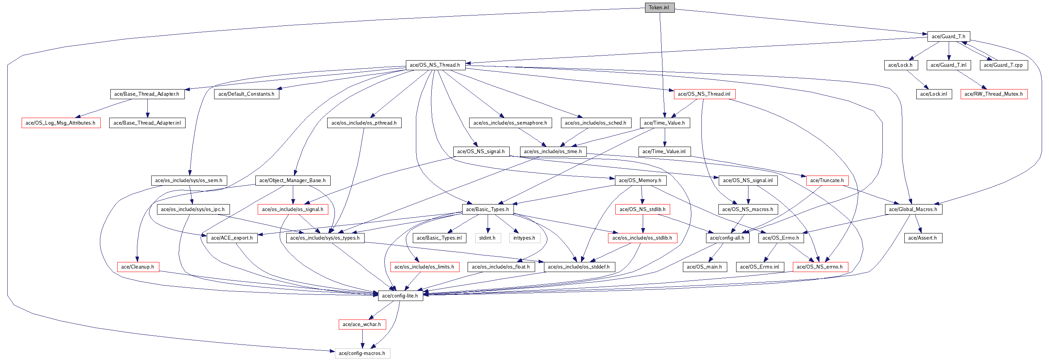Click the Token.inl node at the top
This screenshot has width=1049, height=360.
pos(659,7)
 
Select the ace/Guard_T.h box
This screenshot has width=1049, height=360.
pos(948,36)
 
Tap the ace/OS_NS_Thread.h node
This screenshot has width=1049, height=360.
pos(435,65)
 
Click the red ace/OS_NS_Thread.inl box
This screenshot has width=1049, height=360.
pos(704,94)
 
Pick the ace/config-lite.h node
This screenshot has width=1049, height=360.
pos(400,296)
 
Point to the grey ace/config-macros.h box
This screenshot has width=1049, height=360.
pos(362,353)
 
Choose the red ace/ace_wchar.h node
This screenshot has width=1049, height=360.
pos(361,324)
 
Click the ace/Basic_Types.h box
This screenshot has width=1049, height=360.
pos(487,209)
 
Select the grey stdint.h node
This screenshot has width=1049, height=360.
pos(487,238)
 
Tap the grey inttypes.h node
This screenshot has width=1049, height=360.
pos(524,238)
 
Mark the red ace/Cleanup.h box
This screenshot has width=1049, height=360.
pos(138,267)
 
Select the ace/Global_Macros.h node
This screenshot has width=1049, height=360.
pos(912,209)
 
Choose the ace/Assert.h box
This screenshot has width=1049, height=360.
pos(922,238)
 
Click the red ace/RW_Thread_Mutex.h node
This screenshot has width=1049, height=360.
pos(993,94)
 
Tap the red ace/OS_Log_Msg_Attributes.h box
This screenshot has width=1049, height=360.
pos(61,123)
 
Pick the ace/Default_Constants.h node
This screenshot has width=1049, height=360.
pos(247,94)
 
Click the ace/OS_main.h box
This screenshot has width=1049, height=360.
pos(704,267)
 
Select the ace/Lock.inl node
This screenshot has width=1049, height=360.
pos(934,94)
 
